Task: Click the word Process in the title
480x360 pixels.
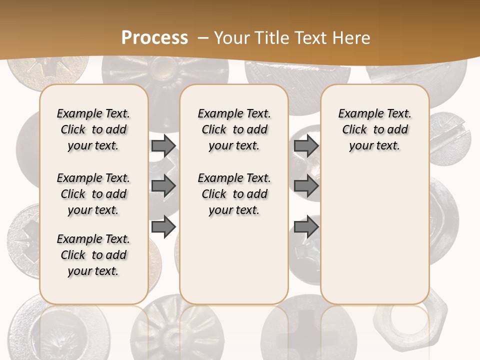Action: pos(154,38)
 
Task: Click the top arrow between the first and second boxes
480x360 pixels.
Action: pos(163,145)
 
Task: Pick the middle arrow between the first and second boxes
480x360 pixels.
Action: pos(163,186)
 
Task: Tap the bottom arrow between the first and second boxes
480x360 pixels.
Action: pos(163,227)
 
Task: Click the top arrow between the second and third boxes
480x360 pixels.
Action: pos(306,145)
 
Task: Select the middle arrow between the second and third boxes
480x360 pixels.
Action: pos(306,186)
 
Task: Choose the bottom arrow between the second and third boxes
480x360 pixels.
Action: pos(306,227)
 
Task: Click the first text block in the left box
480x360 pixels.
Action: pos(93,129)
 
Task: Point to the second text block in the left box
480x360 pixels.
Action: pos(93,194)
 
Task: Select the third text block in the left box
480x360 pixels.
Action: pos(93,255)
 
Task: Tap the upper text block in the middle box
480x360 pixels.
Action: pos(234,129)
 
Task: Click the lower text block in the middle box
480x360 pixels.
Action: pos(234,194)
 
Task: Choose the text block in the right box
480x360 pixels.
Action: pos(374,129)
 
